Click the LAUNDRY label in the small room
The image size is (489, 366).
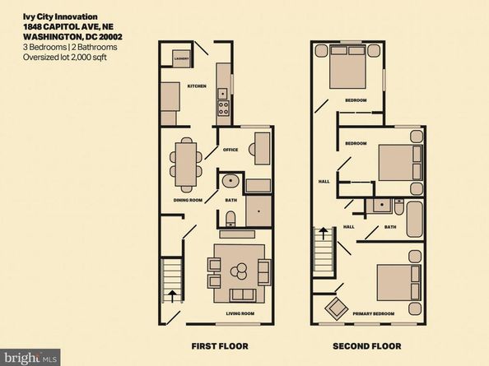[x=181, y=58]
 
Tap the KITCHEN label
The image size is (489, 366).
[x=196, y=86]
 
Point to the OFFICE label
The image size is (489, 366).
[x=231, y=150]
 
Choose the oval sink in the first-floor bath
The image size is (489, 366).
[x=230, y=182]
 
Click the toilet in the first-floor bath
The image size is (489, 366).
[x=231, y=217]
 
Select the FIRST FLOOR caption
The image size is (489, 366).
[x=219, y=345]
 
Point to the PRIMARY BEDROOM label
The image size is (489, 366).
[x=385, y=313]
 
